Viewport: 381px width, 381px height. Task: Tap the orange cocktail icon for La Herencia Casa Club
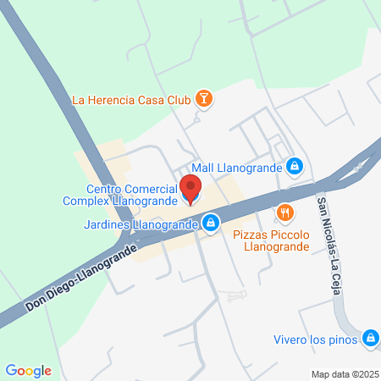coord(204,100)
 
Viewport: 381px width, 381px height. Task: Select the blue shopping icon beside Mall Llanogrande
coord(294,167)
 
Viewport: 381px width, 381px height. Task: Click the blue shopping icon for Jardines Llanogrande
coord(212,224)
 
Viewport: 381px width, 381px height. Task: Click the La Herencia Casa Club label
coord(131,101)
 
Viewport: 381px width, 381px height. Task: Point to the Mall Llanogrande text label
coord(237,168)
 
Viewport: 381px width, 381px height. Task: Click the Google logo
coord(28,371)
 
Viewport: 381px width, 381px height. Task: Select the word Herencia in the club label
coord(113,101)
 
